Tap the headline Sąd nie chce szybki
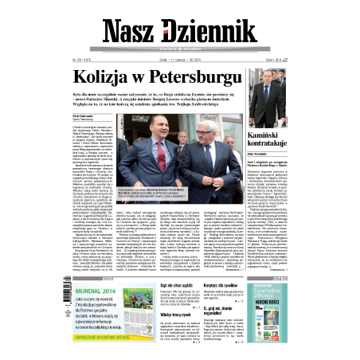point(169,286)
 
